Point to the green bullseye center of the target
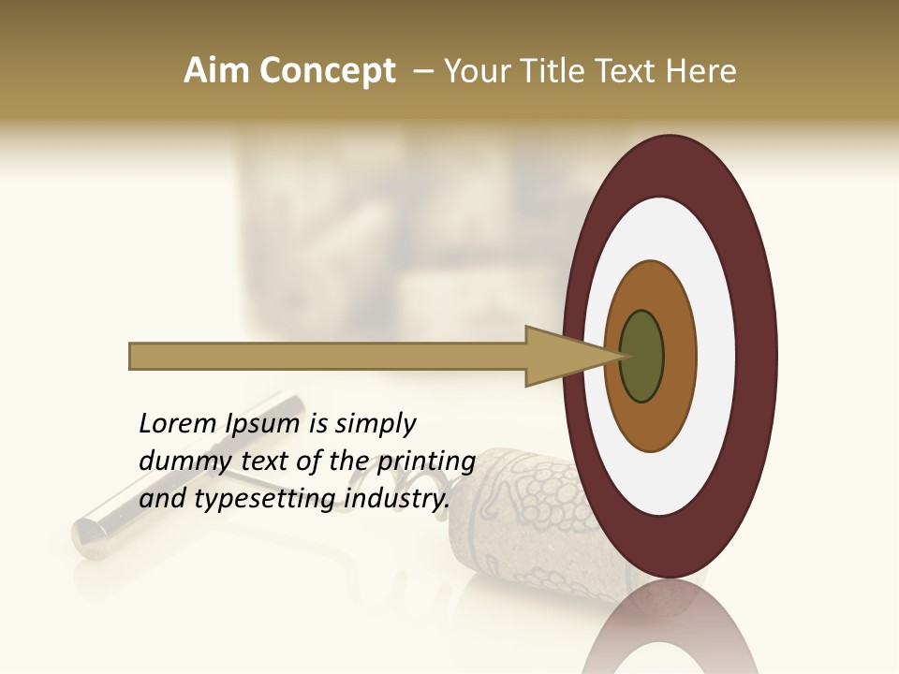coord(642,357)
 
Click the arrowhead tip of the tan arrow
coord(620,357)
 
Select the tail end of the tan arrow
coord(134,357)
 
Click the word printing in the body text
coord(425,462)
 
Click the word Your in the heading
coord(476,71)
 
